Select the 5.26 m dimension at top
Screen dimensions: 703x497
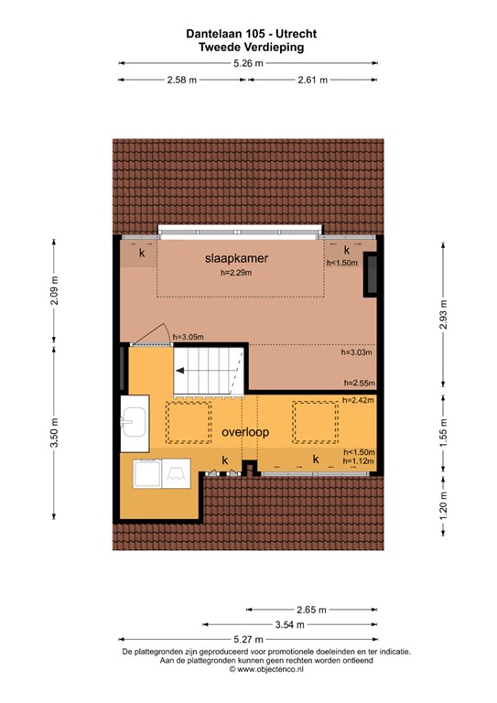[x=248, y=63]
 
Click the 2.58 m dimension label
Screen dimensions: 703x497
[x=181, y=80]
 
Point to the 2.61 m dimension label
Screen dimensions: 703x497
[x=313, y=80]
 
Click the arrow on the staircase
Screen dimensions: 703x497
[x=189, y=371]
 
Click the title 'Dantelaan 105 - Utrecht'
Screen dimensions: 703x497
[x=248, y=33]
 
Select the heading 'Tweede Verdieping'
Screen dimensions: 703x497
[x=248, y=45]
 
